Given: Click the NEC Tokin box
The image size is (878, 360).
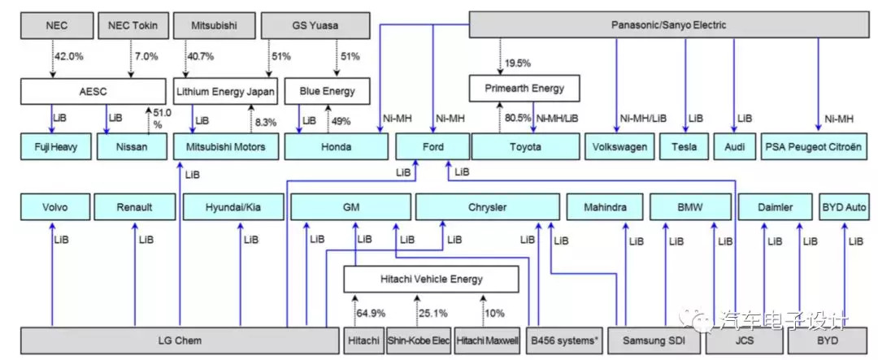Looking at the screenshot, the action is [x=132, y=26].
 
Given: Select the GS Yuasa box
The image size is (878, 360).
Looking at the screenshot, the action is [x=315, y=26].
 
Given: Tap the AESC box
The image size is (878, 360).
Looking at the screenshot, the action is [x=93, y=91].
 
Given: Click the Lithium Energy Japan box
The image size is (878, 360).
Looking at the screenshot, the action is [x=226, y=91].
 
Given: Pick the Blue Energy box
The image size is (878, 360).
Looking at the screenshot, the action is [x=328, y=91].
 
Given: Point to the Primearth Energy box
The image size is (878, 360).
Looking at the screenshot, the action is [x=524, y=89].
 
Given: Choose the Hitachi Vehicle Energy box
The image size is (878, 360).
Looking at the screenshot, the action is [x=431, y=279].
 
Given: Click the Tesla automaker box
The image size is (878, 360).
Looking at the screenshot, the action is [x=685, y=147].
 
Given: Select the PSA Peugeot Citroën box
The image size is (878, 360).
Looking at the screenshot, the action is [x=816, y=147].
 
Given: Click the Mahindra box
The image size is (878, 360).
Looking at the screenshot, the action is [x=605, y=207].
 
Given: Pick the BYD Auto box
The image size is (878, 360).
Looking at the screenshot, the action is [x=844, y=207].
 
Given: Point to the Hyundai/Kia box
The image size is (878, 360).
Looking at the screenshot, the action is [x=233, y=207].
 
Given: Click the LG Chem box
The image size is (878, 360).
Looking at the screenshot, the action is [x=180, y=340].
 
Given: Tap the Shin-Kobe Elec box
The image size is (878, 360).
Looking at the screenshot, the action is [x=419, y=340].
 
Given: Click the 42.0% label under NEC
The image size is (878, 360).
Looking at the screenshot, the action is [x=68, y=57].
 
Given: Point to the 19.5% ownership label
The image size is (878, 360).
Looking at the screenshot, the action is [x=517, y=63].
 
